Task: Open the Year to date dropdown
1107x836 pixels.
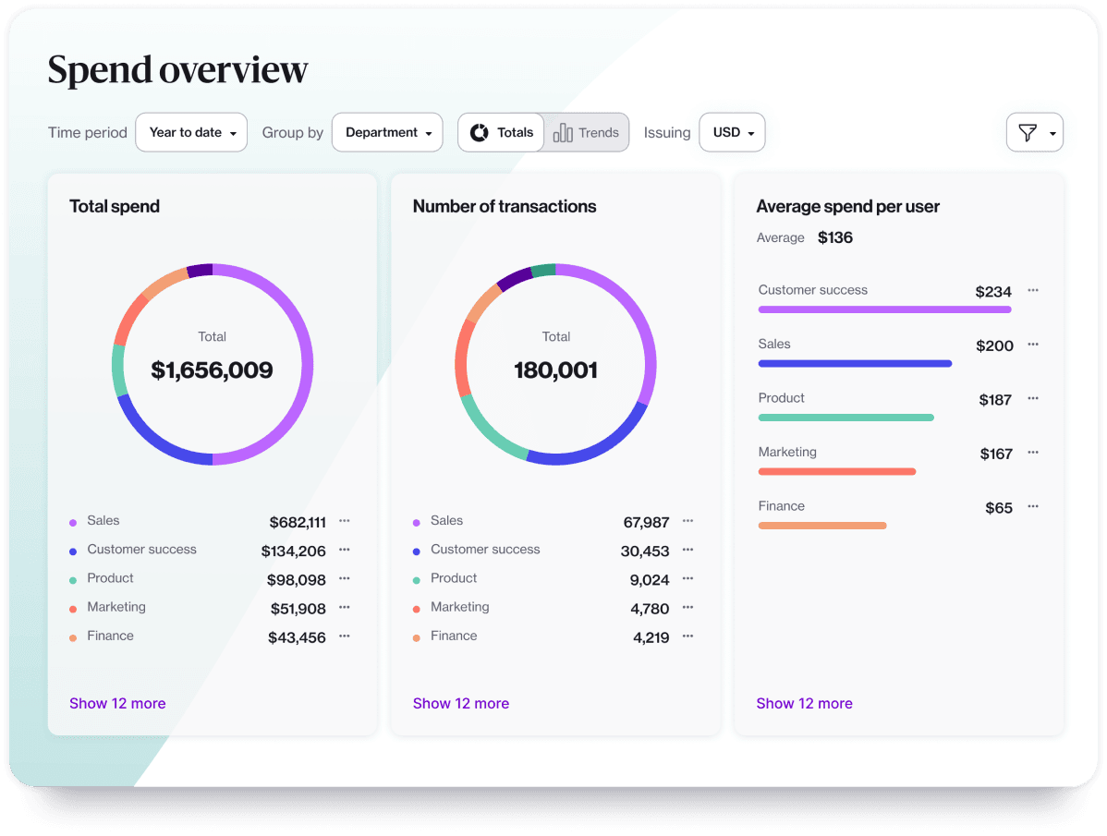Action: pyautogui.click(x=191, y=132)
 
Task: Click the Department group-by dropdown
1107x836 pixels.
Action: pyautogui.click(x=387, y=132)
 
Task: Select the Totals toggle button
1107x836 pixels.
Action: pyautogui.click(x=502, y=132)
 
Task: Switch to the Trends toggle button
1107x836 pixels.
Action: pyautogui.click(x=586, y=132)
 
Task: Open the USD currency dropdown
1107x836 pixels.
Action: pyautogui.click(x=732, y=132)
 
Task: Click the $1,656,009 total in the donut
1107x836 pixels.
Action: pyautogui.click(x=212, y=370)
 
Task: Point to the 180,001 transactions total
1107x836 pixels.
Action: pyautogui.click(x=555, y=370)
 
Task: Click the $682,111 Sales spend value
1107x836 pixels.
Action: pyautogui.click(x=298, y=523)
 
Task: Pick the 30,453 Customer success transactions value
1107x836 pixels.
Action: pyautogui.click(x=644, y=551)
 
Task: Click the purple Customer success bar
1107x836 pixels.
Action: pyautogui.click(x=884, y=309)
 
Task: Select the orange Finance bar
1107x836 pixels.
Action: pyautogui.click(x=821, y=526)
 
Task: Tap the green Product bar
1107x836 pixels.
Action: pyautogui.click(x=845, y=418)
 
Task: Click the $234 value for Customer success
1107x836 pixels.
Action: pyautogui.click(x=993, y=292)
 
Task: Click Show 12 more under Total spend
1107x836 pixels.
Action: pyautogui.click(x=117, y=703)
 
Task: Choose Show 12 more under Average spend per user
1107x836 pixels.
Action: pyautogui.click(x=804, y=703)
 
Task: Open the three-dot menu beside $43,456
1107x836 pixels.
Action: pyautogui.click(x=344, y=636)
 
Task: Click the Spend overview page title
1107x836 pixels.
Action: pyautogui.click(x=177, y=70)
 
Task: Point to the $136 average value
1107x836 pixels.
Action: pyautogui.click(x=835, y=237)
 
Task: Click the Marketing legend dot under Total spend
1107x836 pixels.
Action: pyautogui.click(x=73, y=609)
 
